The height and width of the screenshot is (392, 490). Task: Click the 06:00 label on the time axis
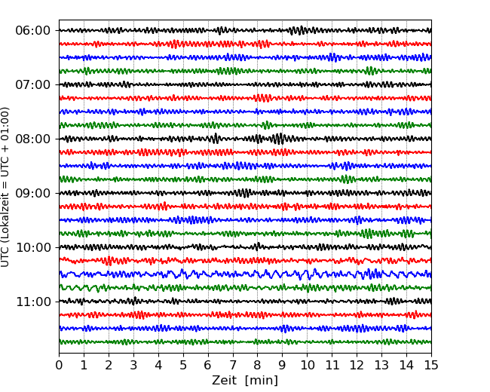point(32,31)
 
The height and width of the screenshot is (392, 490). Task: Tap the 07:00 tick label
point(32,85)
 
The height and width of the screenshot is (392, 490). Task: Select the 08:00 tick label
point(32,139)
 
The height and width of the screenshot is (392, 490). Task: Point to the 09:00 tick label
point(32,194)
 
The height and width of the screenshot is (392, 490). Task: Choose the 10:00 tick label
point(32,248)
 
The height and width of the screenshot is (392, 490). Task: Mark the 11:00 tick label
point(32,302)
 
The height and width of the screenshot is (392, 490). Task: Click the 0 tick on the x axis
point(60,366)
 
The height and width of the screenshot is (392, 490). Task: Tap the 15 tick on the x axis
point(431,366)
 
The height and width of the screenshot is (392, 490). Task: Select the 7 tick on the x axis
point(233,366)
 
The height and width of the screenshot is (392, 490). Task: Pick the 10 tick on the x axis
point(307,366)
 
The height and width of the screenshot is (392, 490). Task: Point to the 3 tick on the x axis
point(133,366)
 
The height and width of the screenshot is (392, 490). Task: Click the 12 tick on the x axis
point(357,366)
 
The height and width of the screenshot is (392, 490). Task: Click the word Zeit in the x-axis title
point(225,381)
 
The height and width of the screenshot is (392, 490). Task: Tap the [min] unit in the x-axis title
point(262,381)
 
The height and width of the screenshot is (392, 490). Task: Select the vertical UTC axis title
point(6,186)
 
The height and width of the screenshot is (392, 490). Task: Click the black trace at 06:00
point(226,31)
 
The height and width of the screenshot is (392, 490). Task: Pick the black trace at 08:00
point(226,139)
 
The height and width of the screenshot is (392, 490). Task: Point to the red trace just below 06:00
point(226,44)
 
